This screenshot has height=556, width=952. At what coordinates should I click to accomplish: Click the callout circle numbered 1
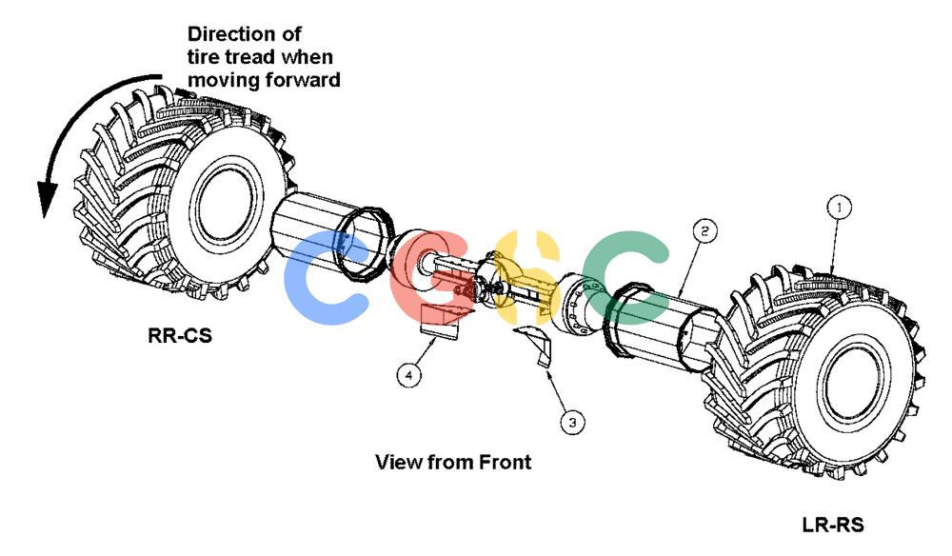pyautogui.click(x=840, y=208)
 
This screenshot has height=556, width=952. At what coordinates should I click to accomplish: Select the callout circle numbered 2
pyautogui.click(x=704, y=230)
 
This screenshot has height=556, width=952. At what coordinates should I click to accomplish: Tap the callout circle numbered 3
pyautogui.click(x=572, y=421)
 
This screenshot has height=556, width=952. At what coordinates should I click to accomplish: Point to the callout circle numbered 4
pyautogui.click(x=408, y=375)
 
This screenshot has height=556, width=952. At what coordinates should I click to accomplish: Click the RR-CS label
pyautogui.click(x=180, y=335)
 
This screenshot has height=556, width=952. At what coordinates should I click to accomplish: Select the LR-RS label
pyautogui.click(x=833, y=525)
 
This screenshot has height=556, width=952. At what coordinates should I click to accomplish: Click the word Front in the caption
pyautogui.click(x=506, y=462)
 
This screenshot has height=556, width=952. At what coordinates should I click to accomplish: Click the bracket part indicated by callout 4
pyautogui.click(x=440, y=322)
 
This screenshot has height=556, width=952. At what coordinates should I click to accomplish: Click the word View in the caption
pyautogui.click(x=399, y=462)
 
